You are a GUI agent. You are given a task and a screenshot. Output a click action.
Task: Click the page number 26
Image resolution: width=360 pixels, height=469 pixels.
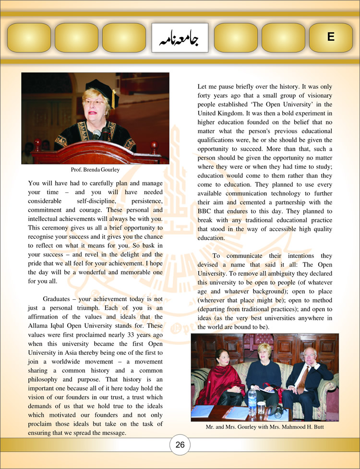(x=180, y=445)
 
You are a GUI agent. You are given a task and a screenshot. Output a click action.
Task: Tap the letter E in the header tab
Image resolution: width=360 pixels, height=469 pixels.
(x=331, y=37)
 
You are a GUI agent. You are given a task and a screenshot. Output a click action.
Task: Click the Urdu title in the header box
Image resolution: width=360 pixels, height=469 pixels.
(x=180, y=37)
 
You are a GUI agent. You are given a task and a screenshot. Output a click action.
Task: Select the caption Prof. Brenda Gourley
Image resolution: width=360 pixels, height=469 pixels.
(x=95, y=170)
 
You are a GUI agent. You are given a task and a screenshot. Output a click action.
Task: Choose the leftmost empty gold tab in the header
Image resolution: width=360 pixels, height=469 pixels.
(x=29, y=37)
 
